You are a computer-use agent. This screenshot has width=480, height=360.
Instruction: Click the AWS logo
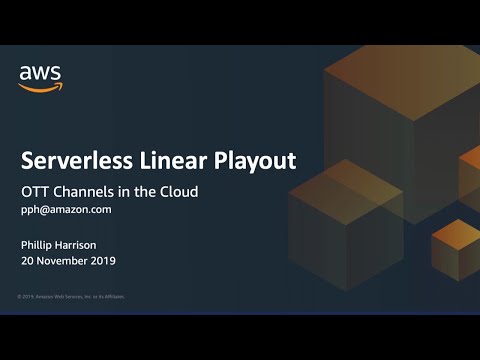pos(40,77)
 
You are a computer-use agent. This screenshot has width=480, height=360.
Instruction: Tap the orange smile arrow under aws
pos(40,87)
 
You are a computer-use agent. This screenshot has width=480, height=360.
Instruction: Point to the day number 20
pos(28,261)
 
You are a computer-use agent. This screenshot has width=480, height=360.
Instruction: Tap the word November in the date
pos(63,261)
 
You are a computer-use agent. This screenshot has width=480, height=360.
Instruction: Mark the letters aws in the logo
pos(40,73)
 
